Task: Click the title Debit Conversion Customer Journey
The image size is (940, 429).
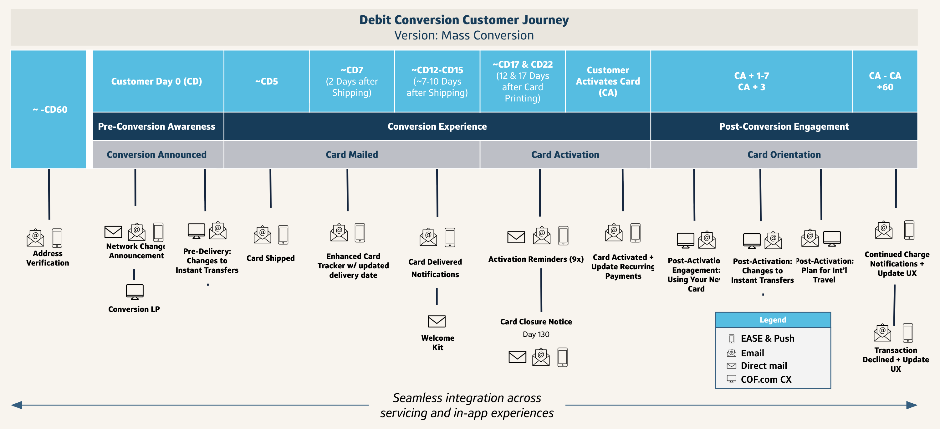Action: pos(464,20)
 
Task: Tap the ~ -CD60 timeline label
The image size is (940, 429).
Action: pos(50,110)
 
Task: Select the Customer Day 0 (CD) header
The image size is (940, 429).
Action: pos(156,81)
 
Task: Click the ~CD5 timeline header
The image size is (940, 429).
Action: pos(266,81)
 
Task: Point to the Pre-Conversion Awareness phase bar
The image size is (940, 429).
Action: pos(156,126)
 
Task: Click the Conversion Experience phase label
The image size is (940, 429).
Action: pos(437,126)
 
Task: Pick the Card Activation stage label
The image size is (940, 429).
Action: pos(565,154)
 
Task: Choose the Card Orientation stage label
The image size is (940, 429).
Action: pos(784,154)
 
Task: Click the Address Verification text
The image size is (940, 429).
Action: pos(48,258)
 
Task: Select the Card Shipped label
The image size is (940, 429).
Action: pos(270,258)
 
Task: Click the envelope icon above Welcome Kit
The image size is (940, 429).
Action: pos(437,321)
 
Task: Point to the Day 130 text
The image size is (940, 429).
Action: pos(536,334)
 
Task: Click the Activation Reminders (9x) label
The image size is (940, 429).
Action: pos(536,259)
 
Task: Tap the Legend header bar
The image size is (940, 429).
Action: pos(773,319)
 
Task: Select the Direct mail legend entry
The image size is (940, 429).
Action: pos(764,365)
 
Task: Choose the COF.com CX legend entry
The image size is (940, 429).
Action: pos(766,379)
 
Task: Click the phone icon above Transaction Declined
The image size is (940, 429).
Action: pos(907,333)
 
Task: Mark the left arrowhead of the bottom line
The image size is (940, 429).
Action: pos(16,405)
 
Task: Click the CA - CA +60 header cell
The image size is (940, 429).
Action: pos(885,81)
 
